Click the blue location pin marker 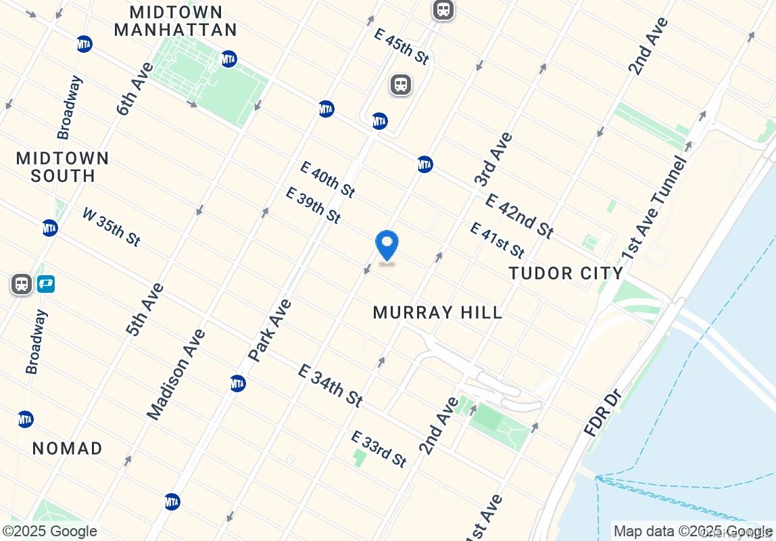[x=387, y=247]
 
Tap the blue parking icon [x=45, y=284]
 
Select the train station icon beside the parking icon [x=22, y=284]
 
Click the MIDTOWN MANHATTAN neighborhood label [x=176, y=21]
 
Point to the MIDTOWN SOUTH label [x=62, y=167]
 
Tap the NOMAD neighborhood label [x=68, y=448]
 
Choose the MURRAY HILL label [x=438, y=312]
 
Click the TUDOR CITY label [x=566, y=273]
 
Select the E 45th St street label [x=402, y=46]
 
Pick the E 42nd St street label [x=519, y=216]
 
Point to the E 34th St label [x=330, y=385]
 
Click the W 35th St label [x=112, y=227]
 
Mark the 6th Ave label [x=135, y=89]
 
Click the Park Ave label [x=270, y=330]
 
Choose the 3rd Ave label [x=493, y=160]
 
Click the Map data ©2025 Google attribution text [x=692, y=532]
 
